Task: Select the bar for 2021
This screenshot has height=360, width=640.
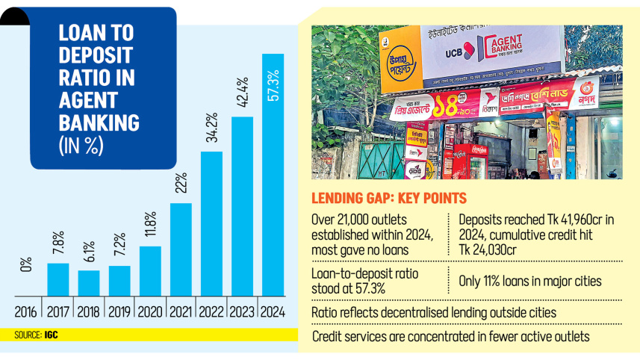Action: (x=181, y=249)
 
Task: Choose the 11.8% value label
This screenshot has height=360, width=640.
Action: (x=150, y=226)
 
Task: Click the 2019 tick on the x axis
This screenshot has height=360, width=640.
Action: (x=119, y=311)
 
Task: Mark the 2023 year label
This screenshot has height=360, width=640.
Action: (x=242, y=311)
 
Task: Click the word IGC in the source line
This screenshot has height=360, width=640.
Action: (x=49, y=335)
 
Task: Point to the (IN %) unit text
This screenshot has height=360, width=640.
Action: (x=81, y=146)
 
